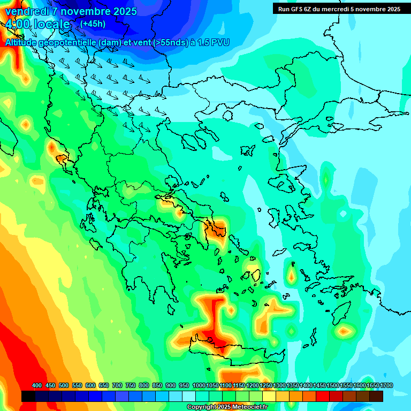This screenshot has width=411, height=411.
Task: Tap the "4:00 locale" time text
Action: (x=37, y=24)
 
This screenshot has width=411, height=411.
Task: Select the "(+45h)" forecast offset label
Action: (x=93, y=24)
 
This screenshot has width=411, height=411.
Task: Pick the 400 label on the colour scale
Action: (x=37, y=385)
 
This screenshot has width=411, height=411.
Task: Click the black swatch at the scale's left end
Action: (x=28, y=397)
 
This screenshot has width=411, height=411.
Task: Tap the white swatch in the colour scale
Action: (x=189, y=397)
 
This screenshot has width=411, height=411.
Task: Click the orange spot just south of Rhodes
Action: (x=344, y=332)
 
